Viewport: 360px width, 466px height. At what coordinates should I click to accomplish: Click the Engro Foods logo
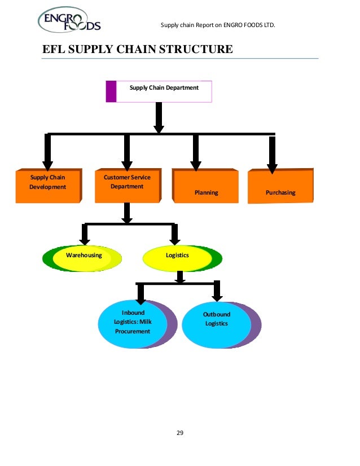69,22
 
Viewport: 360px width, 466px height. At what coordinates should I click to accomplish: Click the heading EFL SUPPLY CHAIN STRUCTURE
138,50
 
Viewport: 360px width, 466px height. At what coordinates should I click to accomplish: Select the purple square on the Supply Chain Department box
111,91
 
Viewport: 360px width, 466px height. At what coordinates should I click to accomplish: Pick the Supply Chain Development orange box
48,184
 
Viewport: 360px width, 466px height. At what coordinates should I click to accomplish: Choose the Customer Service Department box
127,184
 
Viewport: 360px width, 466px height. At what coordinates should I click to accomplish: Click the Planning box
206,186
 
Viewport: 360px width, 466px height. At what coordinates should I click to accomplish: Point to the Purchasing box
280,186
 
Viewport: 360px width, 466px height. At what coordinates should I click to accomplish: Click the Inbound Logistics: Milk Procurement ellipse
134,324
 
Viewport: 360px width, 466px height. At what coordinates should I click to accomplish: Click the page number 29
180,433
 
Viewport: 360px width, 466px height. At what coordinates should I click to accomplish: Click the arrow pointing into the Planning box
196,152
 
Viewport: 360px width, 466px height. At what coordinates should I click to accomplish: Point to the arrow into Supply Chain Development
47,152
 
